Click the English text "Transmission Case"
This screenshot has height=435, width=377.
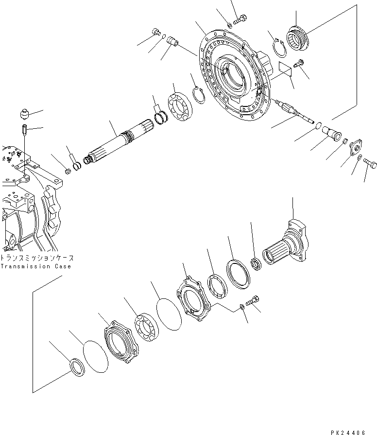(35, 266)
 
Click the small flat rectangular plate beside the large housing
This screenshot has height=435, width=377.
(285, 69)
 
